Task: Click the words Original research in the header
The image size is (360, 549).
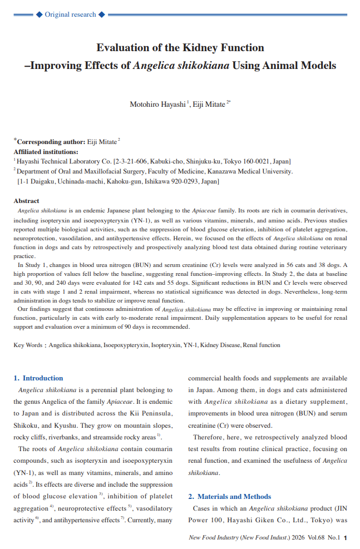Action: click(70, 14)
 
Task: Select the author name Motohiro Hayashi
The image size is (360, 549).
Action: click(158, 104)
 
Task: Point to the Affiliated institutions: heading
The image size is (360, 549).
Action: click(46, 151)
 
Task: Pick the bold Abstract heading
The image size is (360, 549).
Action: click(27, 201)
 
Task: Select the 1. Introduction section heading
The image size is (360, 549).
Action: click(38, 378)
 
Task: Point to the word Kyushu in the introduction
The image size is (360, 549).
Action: click(70, 426)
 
